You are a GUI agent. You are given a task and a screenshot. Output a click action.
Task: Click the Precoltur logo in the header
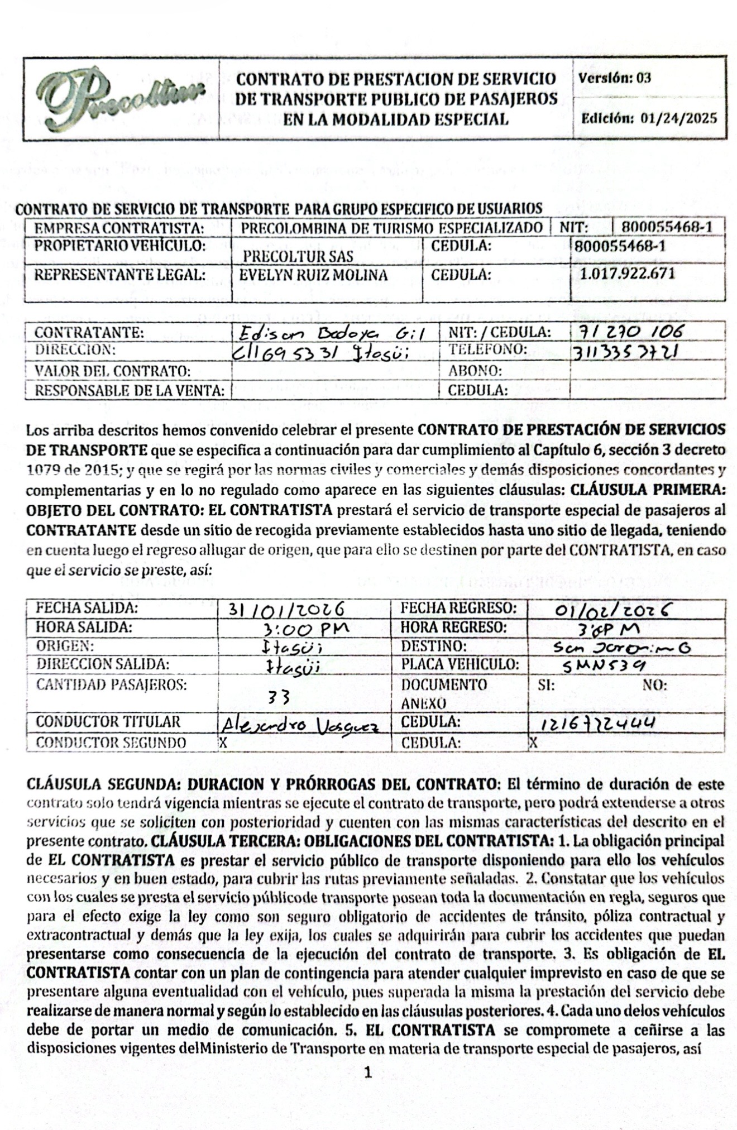[x=121, y=98]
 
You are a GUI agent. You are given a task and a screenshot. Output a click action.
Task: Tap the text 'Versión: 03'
[x=615, y=78]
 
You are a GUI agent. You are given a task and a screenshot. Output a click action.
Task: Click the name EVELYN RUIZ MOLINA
[x=313, y=275]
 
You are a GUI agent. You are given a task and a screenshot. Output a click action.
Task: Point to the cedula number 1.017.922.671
[x=627, y=274]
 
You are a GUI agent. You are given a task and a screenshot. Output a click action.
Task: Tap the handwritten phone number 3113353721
[x=625, y=352]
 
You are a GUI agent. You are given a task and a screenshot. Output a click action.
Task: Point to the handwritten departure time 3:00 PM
[x=306, y=629]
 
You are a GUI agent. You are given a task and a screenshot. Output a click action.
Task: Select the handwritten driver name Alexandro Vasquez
[x=300, y=725]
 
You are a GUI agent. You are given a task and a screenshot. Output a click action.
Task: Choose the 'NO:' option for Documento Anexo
[x=654, y=685]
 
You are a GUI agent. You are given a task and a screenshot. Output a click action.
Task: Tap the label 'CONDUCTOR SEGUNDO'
[x=111, y=743]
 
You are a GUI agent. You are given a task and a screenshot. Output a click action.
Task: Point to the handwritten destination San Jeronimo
[x=621, y=648]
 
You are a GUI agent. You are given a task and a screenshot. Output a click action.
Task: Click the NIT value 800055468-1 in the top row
[x=667, y=227]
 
